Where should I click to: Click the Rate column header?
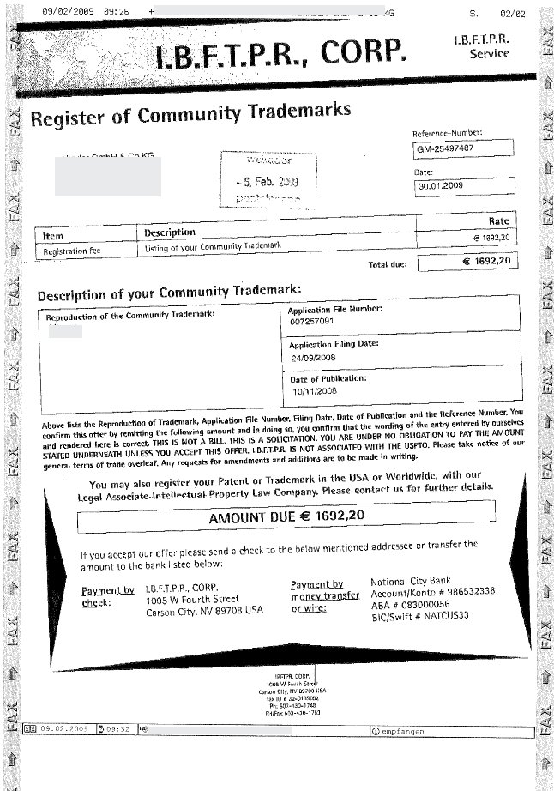(498, 221)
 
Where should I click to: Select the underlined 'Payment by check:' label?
(108, 596)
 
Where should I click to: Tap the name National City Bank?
(416, 582)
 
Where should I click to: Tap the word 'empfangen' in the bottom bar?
(403, 731)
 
